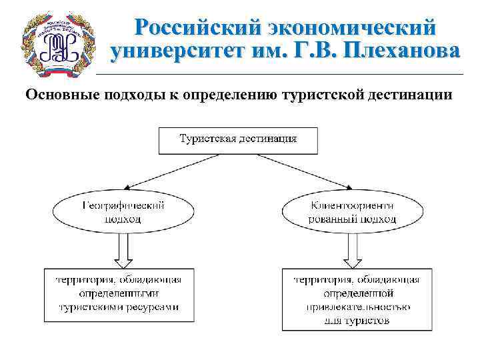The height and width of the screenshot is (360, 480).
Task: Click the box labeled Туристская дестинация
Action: tap(238, 139)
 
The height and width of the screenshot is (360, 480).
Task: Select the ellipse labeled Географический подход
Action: tap(123, 212)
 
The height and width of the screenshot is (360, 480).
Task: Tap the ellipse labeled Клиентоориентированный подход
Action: tap(352, 212)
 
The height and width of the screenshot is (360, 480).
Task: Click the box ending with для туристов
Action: tap(352, 299)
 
